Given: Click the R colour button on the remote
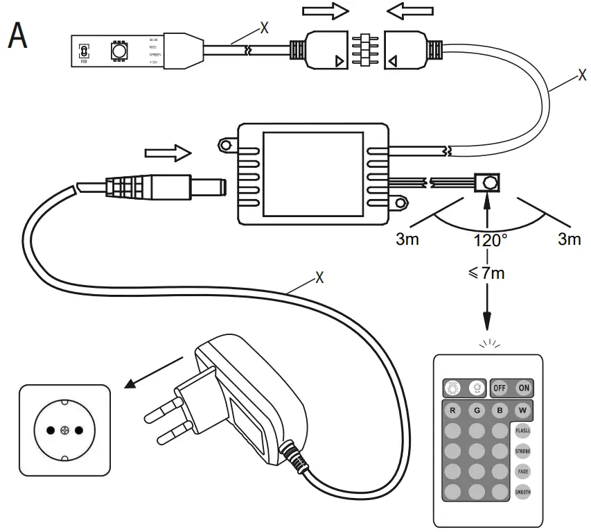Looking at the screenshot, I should pyautogui.click(x=452, y=410).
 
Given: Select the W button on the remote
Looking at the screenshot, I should pyautogui.click(x=522, y=410).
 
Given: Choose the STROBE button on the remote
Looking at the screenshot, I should pyautogui.click(x=522, y=451).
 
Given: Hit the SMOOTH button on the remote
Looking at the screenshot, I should pyautogui.click(x=522, y=492).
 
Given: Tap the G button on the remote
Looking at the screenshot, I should pyautogui.click(x=475, y=410).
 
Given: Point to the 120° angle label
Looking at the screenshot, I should pyautogui.click(x=490, y=241).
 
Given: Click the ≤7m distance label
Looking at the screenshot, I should pyautogui.click(x=487, y=273).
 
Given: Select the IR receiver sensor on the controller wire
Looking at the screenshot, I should pyautogui.click(x=490, y=183).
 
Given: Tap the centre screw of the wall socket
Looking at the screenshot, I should pyautogui.click(x=64, y=431).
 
